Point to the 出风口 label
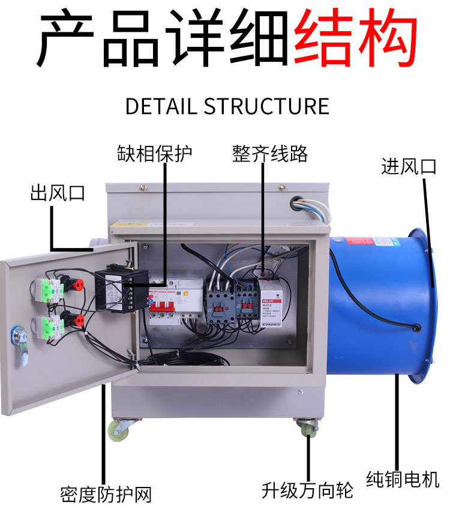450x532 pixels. click(58, 193)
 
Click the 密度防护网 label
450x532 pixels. click(106, 494)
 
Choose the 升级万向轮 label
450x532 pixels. click(307, 491)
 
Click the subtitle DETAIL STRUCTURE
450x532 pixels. click(227, 106)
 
